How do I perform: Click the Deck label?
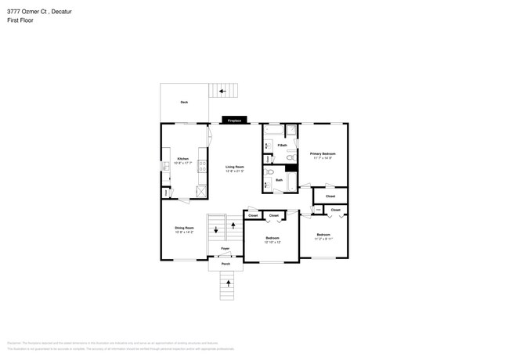click(184, 102)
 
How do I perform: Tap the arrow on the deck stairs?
click(222, 92)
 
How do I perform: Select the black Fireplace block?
click(234, 121)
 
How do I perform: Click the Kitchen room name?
click(182, 158)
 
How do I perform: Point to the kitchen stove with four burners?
click(203, 166)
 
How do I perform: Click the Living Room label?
click(235, 166)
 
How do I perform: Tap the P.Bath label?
click(282, 145)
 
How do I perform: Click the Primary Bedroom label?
click(323, 153)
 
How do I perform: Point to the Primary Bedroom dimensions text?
click(323, 158)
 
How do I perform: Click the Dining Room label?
click(184, 228)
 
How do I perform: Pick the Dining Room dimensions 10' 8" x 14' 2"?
click(184, 232)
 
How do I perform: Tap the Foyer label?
click(225, 249)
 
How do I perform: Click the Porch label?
click(226, 264)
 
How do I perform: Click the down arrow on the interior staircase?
click(216, 230)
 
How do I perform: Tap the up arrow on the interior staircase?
click(233, 225)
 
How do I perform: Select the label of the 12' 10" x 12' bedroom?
click(273, 237)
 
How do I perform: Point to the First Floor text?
click(20, 20)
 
